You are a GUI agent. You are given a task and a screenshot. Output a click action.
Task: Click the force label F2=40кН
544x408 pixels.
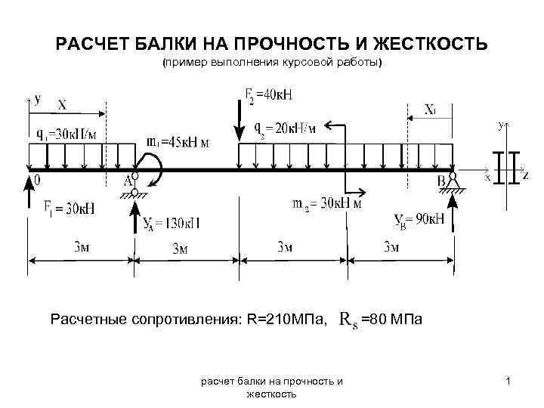[x=270, y=95]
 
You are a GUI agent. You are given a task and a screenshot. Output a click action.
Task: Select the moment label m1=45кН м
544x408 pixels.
[x=178, y=141]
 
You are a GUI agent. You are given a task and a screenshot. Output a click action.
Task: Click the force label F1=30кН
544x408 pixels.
[x=64, y=207]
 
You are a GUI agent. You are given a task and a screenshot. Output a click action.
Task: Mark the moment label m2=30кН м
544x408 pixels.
[x=327, y=203]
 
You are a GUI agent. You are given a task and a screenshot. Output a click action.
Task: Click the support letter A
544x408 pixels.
[x=128, y=181]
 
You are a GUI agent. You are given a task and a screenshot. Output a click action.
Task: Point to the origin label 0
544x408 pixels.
[x=36, y=181]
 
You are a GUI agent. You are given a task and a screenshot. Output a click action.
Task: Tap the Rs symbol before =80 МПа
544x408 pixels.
[x=348, y=320]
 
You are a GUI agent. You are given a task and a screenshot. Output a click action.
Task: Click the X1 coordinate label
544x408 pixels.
[x=429, y=110]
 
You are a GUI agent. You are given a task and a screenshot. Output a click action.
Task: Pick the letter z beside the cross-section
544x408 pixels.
[x=526, y=175]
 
